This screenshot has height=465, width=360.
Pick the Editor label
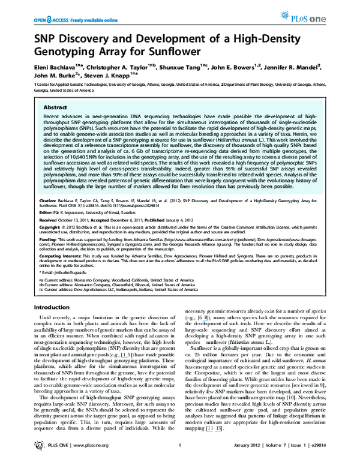click(46, 212)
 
